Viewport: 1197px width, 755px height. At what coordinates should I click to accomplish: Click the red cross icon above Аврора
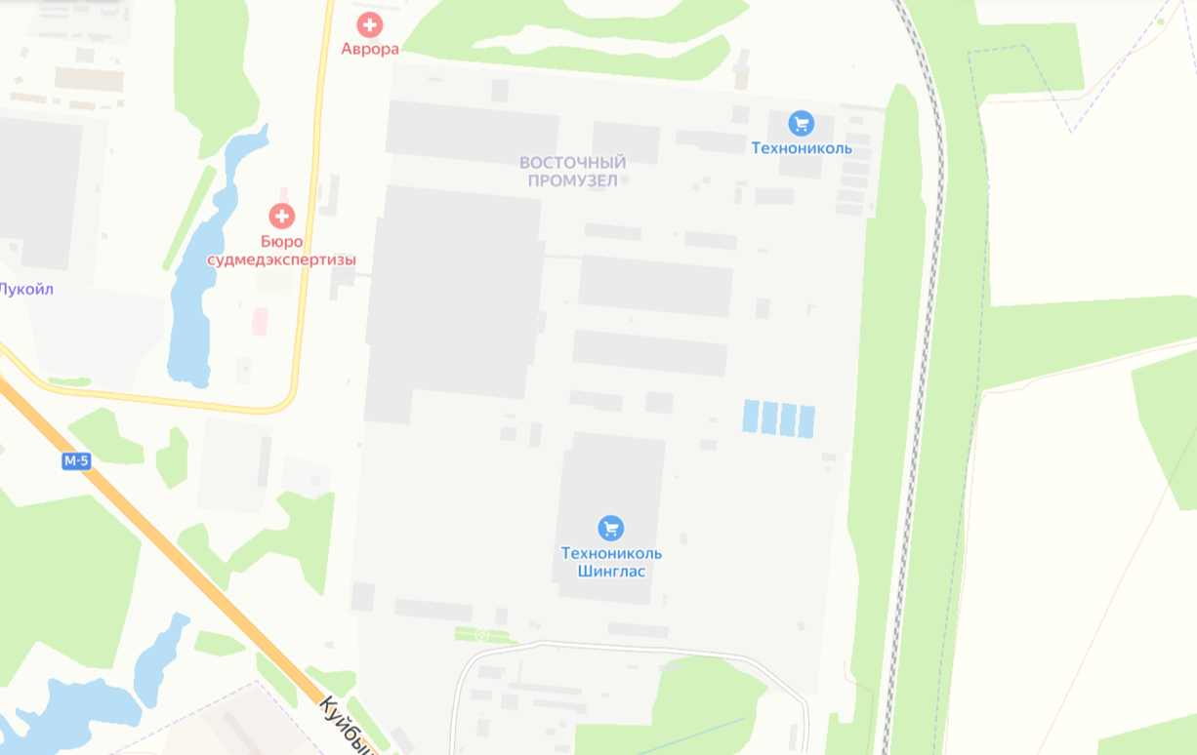pos(370,25)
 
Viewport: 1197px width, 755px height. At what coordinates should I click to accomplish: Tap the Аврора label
pos(370,49)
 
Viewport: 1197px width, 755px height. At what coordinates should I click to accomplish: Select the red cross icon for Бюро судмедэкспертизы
pos(282,216)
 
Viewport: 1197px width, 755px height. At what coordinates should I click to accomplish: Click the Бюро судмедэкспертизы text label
pos(281,251)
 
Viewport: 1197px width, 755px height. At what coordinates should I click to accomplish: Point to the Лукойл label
pos(25,289)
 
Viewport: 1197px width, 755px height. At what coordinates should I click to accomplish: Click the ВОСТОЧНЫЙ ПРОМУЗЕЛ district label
pos(572,171)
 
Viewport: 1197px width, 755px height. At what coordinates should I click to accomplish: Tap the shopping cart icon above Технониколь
pos(802,123)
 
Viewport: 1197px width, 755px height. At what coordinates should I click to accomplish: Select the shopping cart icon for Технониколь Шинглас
pos(611,528)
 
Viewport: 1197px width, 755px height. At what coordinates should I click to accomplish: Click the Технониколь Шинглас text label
pos(611,562)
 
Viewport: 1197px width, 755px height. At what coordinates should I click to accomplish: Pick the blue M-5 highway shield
pos(76,461)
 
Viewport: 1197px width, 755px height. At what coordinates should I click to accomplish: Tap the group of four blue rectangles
pos(778,418)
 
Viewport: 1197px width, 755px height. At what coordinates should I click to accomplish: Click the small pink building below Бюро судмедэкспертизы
pos(260,321)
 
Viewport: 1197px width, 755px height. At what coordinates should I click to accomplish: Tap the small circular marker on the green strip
pos(481,635)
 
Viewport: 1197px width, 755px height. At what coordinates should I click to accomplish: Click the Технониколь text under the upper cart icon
pos(802,148)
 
